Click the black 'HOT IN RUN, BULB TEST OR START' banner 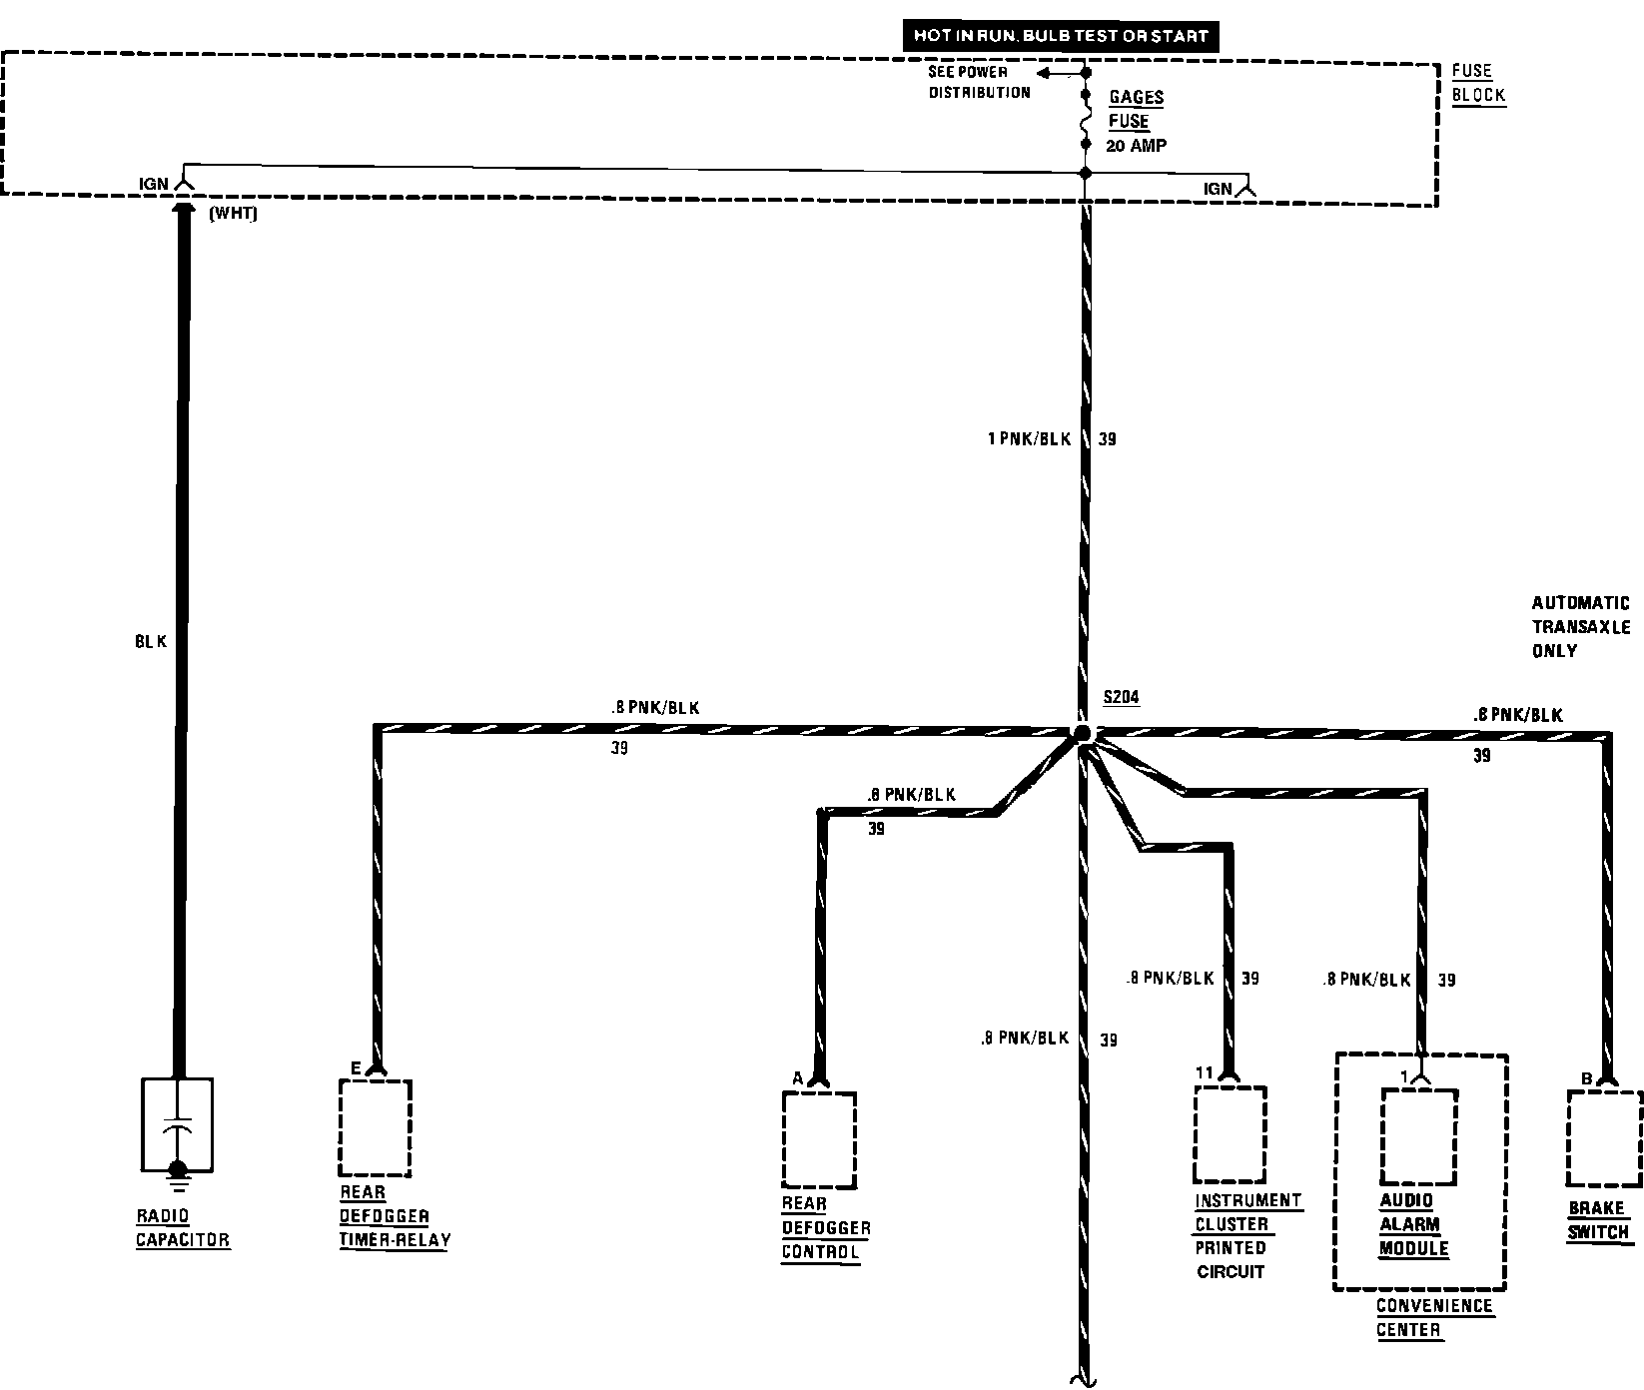1061,36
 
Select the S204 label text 1121,698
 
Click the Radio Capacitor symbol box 177,1122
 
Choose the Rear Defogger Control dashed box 819,1139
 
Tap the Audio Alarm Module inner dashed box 1418,1135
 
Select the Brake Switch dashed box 1604,1137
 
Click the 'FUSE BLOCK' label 1477,84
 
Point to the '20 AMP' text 1137,146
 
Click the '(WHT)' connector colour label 234,214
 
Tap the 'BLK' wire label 152,643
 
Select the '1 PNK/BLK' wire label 1030,439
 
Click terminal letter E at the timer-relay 356,1068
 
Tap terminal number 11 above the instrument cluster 1205,1072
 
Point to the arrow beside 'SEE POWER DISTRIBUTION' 1047,73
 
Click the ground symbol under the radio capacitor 177,1176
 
